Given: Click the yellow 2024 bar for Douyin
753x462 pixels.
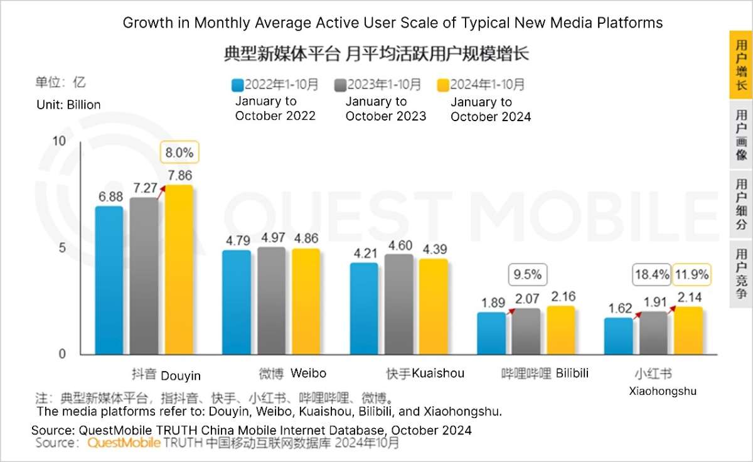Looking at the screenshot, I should [x=179, y=270].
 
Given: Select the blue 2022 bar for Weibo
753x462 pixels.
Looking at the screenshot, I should [x=237, y=303].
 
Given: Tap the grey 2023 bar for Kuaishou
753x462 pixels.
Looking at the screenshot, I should [x=399, y=304].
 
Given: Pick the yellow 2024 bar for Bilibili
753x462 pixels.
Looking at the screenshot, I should [x=560, y=330].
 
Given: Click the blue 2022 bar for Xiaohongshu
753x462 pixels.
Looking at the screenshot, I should [x=619, y=336].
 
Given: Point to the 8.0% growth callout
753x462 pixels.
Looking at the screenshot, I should [x=180, y=152].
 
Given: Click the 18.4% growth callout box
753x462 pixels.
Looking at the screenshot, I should [x=652, y=274].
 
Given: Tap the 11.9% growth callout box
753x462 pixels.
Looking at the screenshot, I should [x=692, y=274].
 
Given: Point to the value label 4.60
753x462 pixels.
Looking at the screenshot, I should [x=399, y=245].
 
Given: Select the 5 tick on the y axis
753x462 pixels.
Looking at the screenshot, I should [x=61, y=248].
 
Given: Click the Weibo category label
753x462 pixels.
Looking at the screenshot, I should [x=293, y=373].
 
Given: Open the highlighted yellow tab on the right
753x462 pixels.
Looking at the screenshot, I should [x=740, y=65].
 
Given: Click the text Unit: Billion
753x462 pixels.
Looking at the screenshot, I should [x=68, y=105].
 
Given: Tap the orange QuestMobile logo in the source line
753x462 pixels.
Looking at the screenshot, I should [x=124, y=443].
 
